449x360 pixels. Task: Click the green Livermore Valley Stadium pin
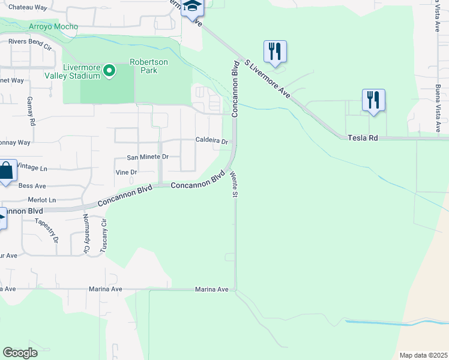[x=109, y=71]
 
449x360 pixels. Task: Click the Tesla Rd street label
[x=363, y=138]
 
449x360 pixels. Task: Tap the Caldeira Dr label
[x=211, y=141]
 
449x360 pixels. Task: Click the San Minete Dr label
[x=148, y=157]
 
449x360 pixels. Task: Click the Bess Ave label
[x=32, y=186]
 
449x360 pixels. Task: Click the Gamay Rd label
[x=29, y=111]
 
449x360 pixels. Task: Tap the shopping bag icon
[x=6, y=171]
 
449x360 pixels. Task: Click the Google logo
[x=20, y=353]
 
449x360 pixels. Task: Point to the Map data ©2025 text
[x=423, y=355]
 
